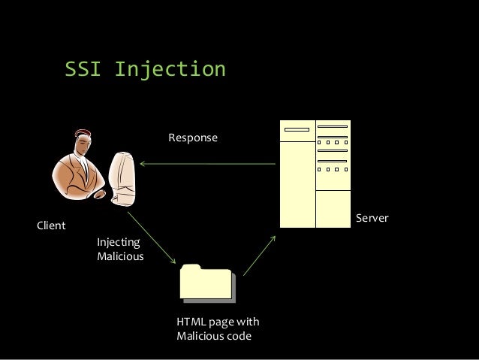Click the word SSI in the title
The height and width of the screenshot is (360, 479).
(x=83, y=70)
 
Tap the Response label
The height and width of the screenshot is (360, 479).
(x=192, y=138)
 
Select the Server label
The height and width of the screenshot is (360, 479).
(x=372, y=218)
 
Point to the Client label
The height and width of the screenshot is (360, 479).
(x=51, y=225)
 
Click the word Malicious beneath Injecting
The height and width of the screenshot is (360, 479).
(x=120, y=256)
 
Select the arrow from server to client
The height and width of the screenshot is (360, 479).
(x=206, y=163)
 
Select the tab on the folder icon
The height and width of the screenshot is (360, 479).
(x=191, y=267)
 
